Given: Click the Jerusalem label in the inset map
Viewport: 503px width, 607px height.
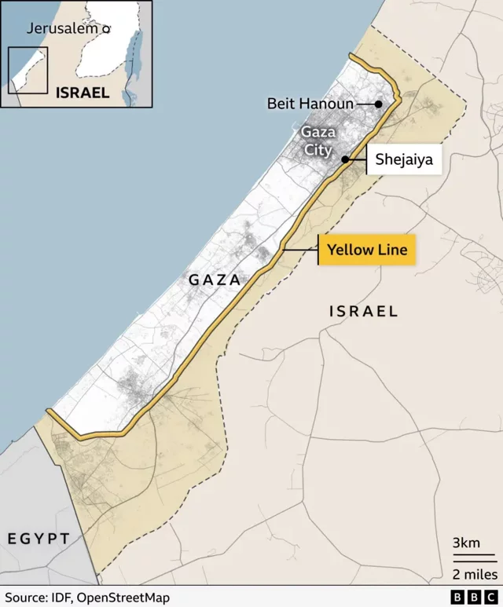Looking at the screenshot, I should pyautogui.click(x=63, y=28).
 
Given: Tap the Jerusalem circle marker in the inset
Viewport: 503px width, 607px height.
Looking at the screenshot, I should pyautogui.click(x=106, y=28).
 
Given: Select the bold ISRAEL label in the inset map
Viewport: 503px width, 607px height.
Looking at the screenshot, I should pyautogui.click(x=83, y=92).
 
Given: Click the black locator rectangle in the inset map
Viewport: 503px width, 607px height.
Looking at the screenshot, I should pyautogui.click(x=28, y=70).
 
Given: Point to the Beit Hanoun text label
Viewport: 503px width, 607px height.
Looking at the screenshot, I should pyautogui.click(x=310, y=104).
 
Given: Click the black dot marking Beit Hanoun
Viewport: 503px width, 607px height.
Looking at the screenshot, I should pyautogui.click(x=378, y=104).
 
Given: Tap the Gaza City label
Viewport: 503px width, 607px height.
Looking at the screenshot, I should pyautogui.click(x=318, y=141).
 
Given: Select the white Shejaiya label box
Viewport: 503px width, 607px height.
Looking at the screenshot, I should pyautogui.click(x=403, y=159).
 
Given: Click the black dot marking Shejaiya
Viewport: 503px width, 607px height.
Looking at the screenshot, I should pyautogui.click(x=345, y=159).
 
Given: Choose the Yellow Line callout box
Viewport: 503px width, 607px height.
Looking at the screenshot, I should pyautogui.click(x=367, y=250).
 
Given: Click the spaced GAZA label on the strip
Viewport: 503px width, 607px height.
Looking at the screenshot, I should pyautogui.click(x=214, y=280).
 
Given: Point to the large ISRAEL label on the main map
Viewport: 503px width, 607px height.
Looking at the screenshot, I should pyautogui.click(x=363, y=311).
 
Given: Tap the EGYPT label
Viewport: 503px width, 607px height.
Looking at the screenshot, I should pyautogui.click(x=39, y=538).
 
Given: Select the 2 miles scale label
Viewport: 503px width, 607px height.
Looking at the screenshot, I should pyautogui.click(x=473, y=574).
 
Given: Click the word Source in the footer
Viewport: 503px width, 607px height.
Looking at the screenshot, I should pyautogui.click(x=24, y=598).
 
